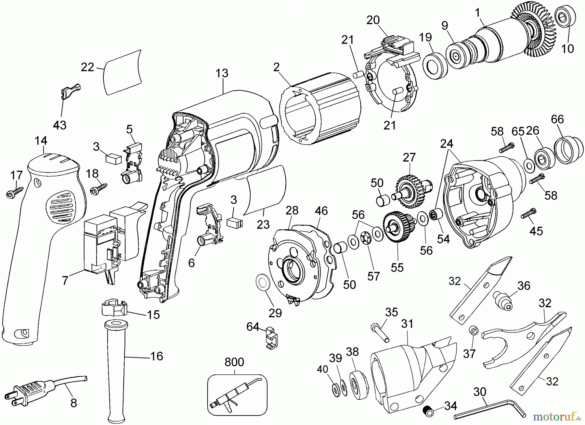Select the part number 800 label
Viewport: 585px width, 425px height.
tap(234, 362)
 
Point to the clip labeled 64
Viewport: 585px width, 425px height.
tap(272, 339)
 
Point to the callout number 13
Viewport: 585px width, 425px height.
tap(222, 73)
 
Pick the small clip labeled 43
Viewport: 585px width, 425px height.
tap(70, 92)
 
